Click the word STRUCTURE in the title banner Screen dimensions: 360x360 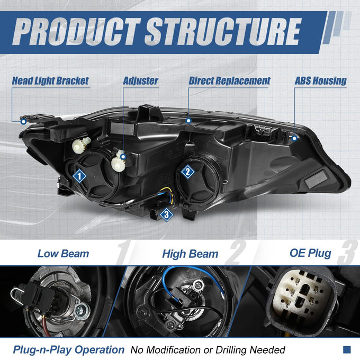coord(223,31)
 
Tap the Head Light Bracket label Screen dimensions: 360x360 coord(50,80)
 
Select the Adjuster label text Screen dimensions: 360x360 coord(140,80)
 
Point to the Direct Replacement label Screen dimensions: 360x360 coord(229,80)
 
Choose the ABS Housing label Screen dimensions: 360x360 coord(320,80)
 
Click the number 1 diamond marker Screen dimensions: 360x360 coord(79,176)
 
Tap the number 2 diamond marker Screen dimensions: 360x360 coord(187,172)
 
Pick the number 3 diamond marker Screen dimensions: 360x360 coord(166,214)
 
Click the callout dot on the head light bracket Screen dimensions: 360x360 coord(23,121)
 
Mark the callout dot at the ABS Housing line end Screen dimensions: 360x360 coord(294,138)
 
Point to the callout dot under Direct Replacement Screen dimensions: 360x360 coord(188,121)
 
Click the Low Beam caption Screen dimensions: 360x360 coord(63,254)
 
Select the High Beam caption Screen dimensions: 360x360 coord(190,254)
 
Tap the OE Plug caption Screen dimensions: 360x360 coord(310,253)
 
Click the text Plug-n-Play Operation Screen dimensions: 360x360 coord(69,349)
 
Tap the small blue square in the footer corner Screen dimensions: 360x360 coord(347,349)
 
